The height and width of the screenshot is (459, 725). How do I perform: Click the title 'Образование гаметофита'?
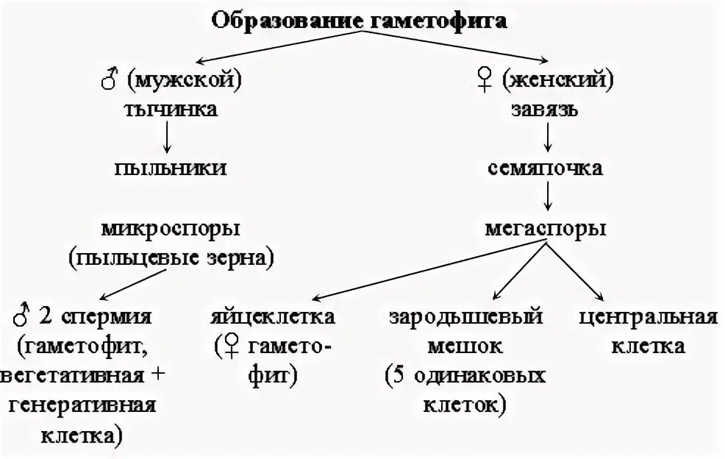[x=360, y=20]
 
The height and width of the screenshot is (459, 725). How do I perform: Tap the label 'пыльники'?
[x=170, y=168]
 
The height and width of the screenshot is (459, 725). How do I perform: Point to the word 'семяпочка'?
[x=545, y=168]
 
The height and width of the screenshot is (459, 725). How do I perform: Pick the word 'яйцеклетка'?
[x=272, y=317]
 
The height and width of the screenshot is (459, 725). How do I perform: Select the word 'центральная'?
[x=648, y=317]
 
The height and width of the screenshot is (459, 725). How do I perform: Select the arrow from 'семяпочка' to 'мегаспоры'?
[x=546, y=197]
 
